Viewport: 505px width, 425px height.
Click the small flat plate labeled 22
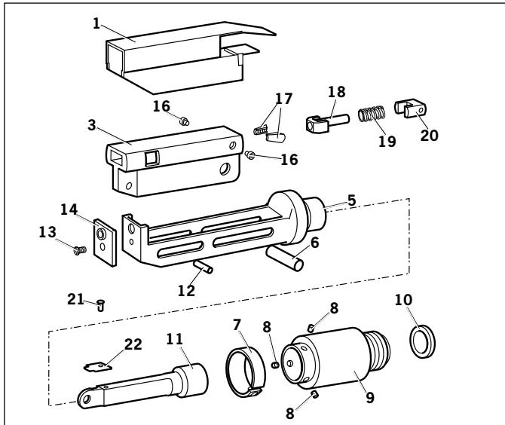(96, 367)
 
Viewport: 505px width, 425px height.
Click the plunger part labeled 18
(325, 120)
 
